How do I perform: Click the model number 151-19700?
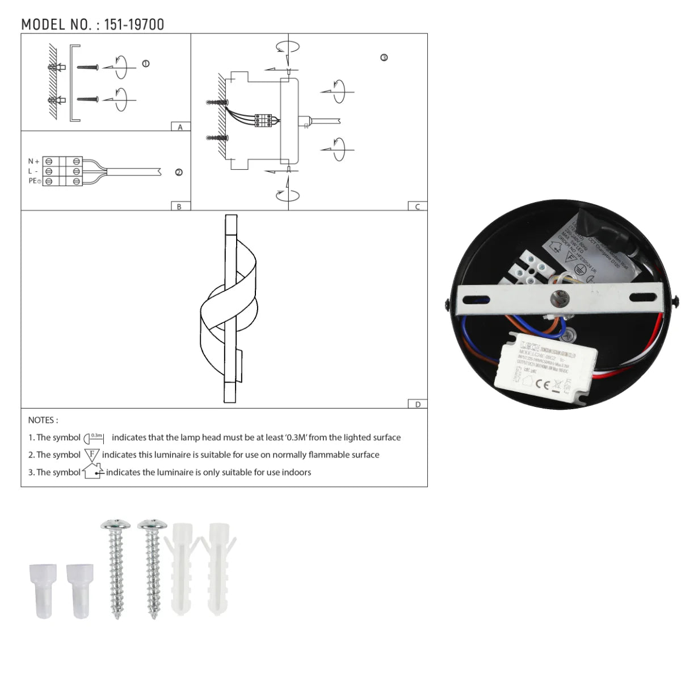pyautogui.click(x=134, y=24)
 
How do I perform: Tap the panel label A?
pyautogui.click(x=180, y=127)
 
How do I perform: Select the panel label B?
pyautogui.click(x=179, y=207)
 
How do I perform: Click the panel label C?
pyautogui.click(x=418, y=207)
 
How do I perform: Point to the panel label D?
pyautogui.click(x=418, y=404)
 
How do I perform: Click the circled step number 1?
pyautogui.click(x=146, y=64)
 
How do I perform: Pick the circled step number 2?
pyautogui.click(x=179, y=173)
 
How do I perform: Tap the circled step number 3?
pyautogui.click(x=384, y=58)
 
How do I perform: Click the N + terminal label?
pyautogui.click(x=33, y=162)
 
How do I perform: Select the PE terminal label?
pyautogui.click(x=35, y=180)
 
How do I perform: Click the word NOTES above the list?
pyautogui.click(x=43, y=421)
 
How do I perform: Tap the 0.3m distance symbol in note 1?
pyautogui.click(x=94, y=438)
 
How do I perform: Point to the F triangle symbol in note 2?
pyautogui.click(x=91, y=455)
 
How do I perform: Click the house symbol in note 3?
pyautogui.click(x=93, y=472)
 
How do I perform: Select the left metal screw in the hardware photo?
pyautogui.click(x=116, y=567)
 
